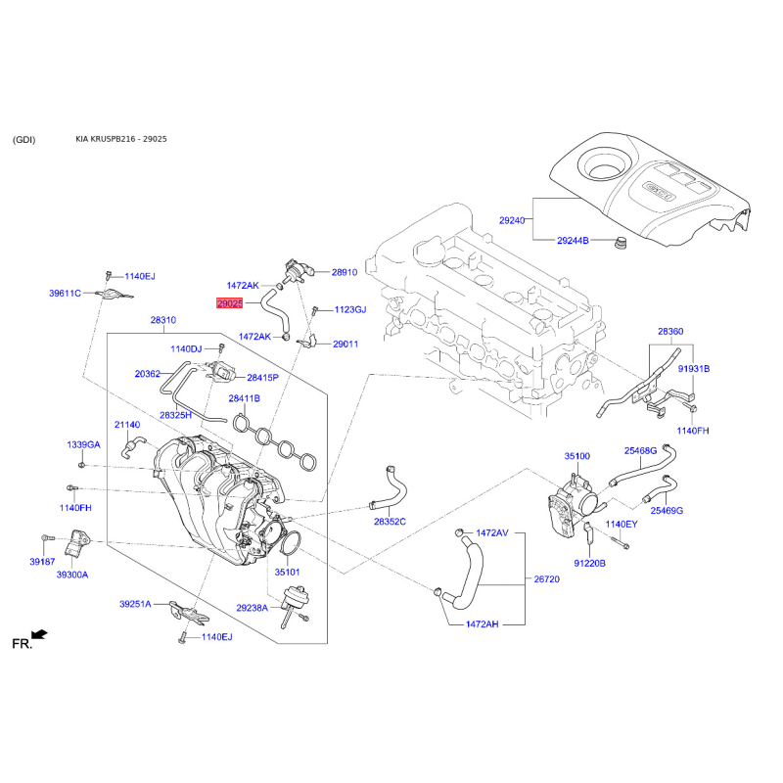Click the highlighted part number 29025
(229, 304)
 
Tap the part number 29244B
(573, 240)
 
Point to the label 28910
(345, 273)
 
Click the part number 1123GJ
(349, 309)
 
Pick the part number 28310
(162, 320)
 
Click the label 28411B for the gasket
(245, 398)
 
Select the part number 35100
(576, 456)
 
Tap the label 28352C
(390, 522)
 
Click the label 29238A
(252, 608)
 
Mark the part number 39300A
(71, 575)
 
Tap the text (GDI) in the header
(24, 139)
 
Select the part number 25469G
(668, 510)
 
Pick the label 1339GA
(83, 444)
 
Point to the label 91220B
(589, 563)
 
